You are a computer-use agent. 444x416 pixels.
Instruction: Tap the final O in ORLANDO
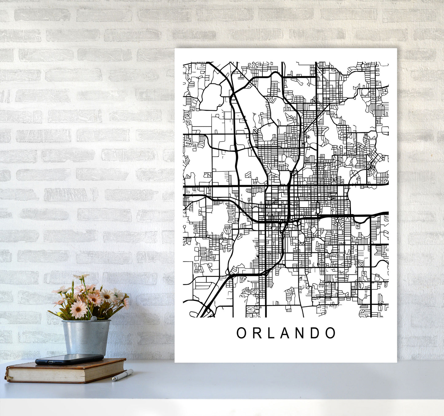(330, 333)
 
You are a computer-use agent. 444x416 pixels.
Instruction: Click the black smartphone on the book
(69, 359)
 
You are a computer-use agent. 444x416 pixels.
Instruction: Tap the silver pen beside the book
(122, 375)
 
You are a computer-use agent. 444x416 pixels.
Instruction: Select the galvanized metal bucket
(86, 337)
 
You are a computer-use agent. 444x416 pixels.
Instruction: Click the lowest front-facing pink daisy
(78, 309)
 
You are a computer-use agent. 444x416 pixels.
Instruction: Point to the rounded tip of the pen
(132, 371)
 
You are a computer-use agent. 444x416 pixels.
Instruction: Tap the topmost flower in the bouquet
(81, 277)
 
